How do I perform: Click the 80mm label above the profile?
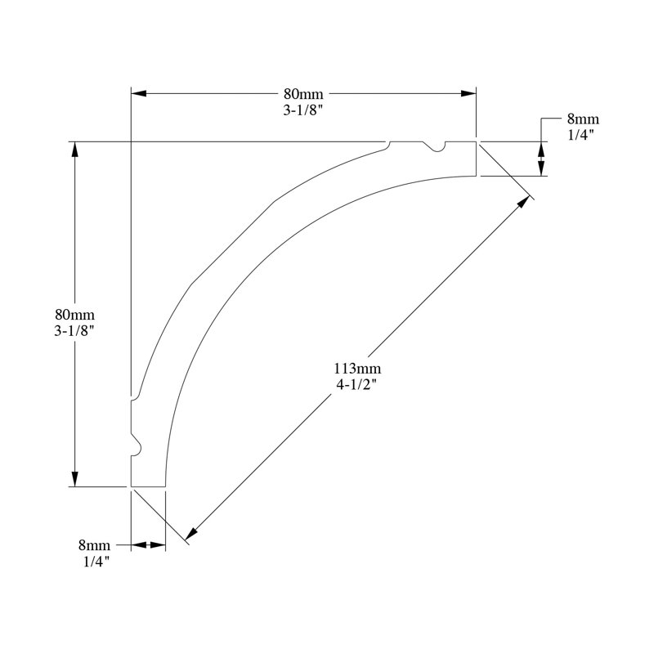pos(303,93)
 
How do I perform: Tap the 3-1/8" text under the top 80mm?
pos(303,110)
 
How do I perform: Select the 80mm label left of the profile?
pos(74,314)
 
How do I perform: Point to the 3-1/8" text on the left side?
pos(74,331)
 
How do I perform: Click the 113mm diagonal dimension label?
pos(357,369)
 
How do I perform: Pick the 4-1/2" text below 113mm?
pos(357,384)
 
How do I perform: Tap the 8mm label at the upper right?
pos(583,119)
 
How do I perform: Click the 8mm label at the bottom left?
pos(94,545)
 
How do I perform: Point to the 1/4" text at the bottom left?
pos(96,562)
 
